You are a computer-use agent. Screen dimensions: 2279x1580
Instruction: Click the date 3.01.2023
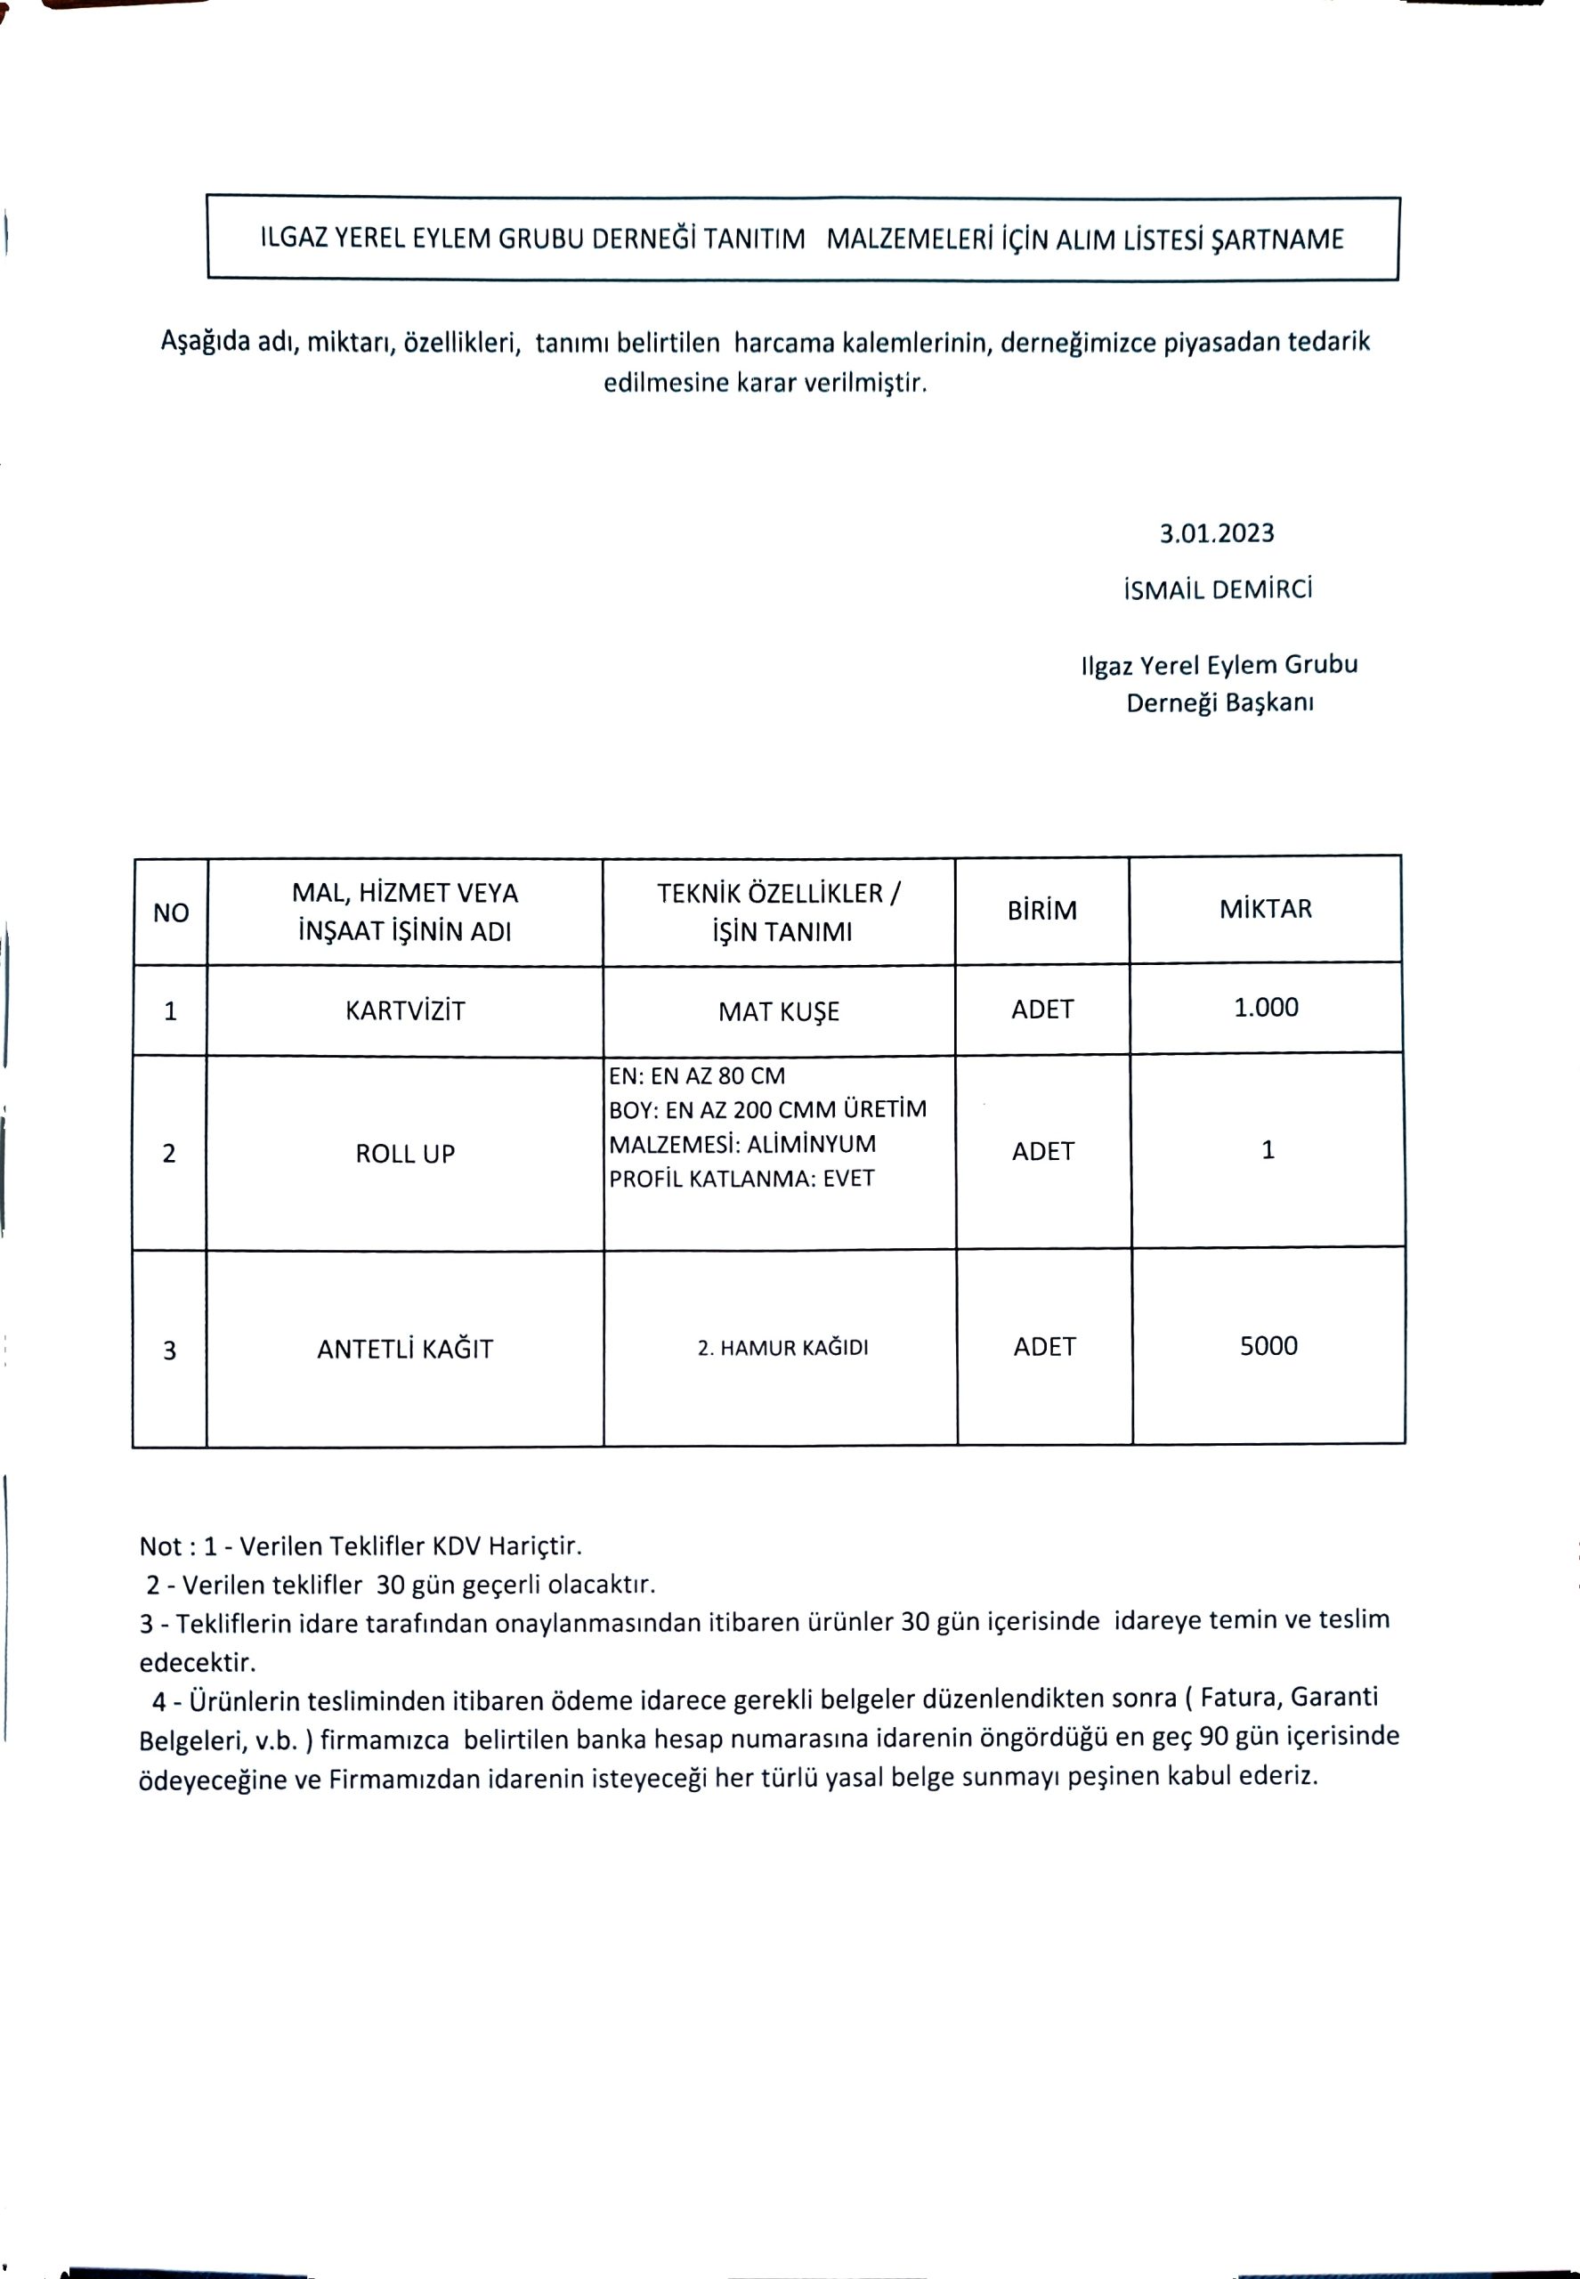click(1217, 533)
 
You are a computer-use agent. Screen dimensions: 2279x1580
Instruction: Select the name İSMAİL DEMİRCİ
click(1218, 590)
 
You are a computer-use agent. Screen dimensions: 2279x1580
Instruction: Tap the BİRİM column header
click(1041, 911)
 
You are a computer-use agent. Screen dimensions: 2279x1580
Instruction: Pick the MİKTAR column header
click(1265, 909)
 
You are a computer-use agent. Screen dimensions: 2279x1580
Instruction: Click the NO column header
click(170, 912)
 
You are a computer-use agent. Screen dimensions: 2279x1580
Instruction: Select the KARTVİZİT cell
click(405, 1010)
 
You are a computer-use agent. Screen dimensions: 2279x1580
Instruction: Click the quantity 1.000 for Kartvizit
click(1265, 1008)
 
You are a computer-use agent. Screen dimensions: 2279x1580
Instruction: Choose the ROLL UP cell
click(405, 1154)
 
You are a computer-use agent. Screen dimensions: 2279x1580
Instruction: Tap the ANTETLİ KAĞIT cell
click(405, 1350)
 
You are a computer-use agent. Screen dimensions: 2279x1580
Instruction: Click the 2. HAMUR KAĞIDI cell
click(782, 1349)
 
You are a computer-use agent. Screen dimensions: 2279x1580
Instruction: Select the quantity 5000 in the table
click(1268, 1345)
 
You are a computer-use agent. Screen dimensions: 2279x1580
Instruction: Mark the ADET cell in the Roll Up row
click(1042, 1151)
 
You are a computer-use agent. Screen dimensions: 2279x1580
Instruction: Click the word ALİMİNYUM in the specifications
click(811, 1145)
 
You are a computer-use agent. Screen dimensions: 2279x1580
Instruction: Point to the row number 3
click(169, 1350)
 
